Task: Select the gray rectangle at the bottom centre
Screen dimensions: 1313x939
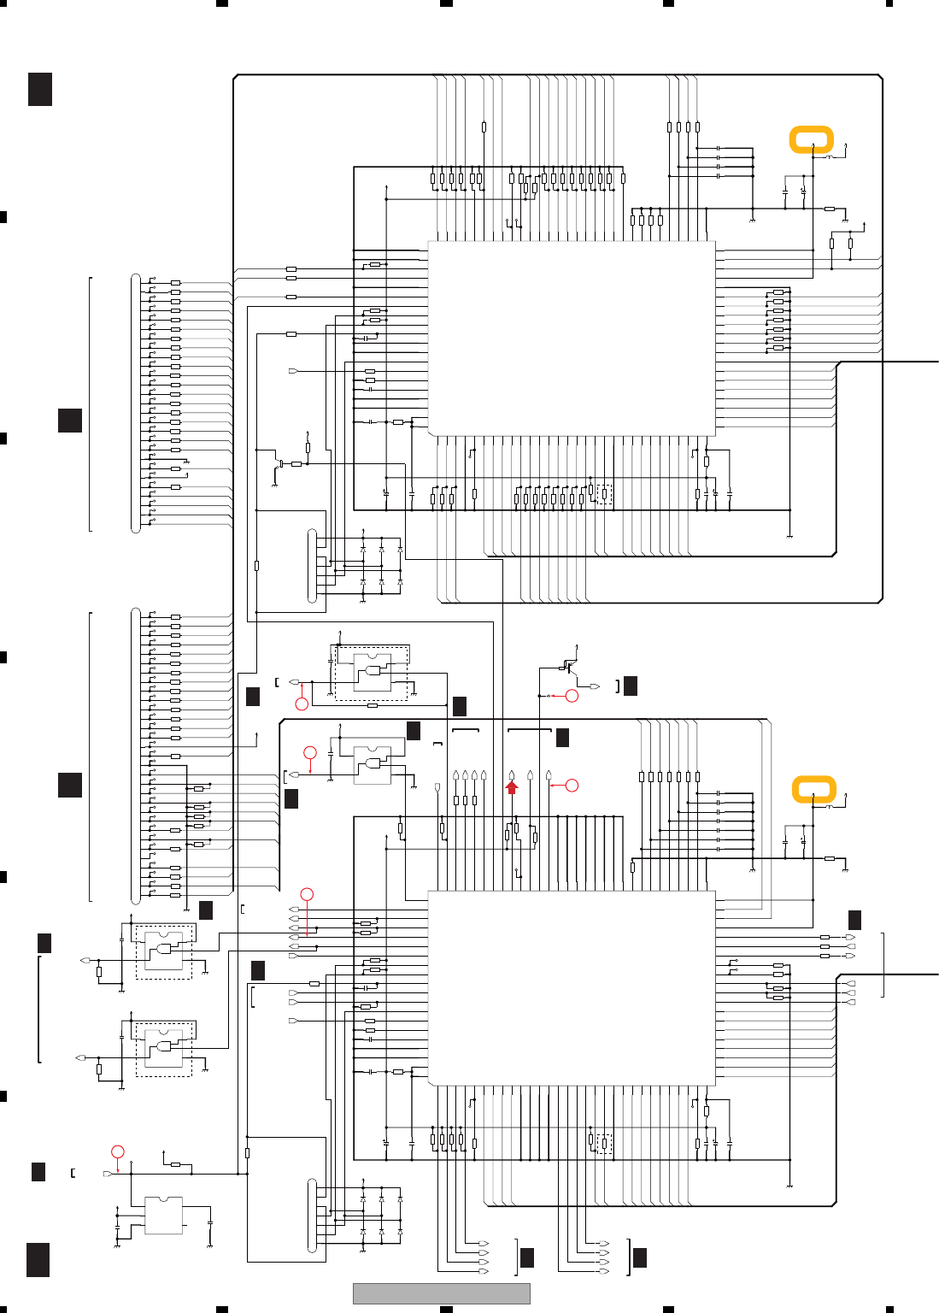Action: (441, 1293)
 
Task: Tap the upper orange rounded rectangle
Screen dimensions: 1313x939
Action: (811, 139)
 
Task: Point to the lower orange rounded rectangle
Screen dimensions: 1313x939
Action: (813, 789)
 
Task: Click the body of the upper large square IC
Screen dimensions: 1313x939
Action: (571, 338)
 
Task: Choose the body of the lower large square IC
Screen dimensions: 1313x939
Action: (571, 988)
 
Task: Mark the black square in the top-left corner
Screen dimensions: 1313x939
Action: (40, 89)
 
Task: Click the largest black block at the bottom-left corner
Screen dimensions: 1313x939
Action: (38, 1260)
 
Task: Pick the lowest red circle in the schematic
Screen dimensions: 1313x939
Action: (118, 1151)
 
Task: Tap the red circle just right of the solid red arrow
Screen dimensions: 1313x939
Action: (572, 785)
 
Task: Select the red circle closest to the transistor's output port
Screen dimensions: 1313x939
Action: (572, 696)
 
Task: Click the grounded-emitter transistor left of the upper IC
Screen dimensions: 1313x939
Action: (280, 464)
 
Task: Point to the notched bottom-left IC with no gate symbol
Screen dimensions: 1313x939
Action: (164, 1216)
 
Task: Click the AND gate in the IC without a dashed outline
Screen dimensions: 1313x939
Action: (373, 762)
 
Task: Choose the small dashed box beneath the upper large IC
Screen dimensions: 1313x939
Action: (604, 494)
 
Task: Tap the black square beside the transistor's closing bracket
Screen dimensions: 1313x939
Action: (631, 686)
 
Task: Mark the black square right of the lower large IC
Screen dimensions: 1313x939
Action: (854, 920)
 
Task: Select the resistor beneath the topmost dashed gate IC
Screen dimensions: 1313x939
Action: (372, 706)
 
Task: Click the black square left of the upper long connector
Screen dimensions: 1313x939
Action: (70, 420)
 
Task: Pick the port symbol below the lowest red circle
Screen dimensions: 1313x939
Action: (108, 1174)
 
